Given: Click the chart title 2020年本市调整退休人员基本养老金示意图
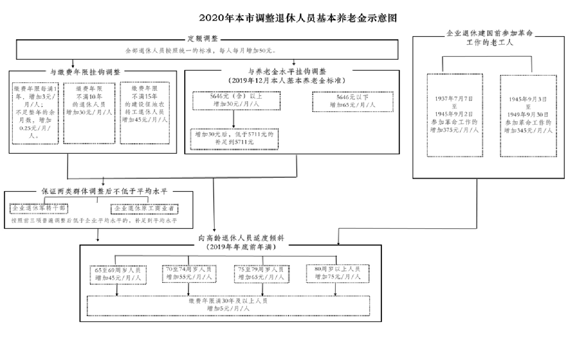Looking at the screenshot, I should (298, 18).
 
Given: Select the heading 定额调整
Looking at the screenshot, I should (203, 39).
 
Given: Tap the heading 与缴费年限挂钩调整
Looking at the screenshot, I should (85, 72).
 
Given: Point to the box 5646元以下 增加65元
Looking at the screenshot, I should (353, 101).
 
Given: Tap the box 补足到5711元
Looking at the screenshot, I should (234, 139).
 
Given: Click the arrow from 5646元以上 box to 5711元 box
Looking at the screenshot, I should (234, 119).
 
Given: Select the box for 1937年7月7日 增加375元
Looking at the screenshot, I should (455, 115).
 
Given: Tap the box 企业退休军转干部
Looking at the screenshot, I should (40, 208).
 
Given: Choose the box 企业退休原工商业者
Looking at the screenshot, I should (145, 208).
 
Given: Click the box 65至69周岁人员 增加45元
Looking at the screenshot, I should (118, 274).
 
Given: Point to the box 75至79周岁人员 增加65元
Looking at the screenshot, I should (261, 274).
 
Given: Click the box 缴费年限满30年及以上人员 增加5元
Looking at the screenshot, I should (228, 305).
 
